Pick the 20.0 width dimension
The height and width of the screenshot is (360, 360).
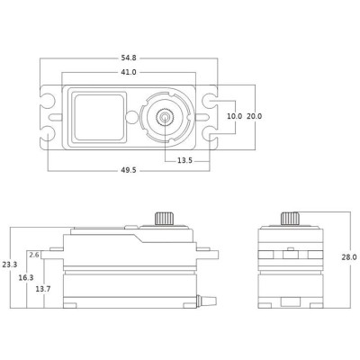click(x=255, y=116)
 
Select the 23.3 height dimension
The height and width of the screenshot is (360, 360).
click(x=9, y=265)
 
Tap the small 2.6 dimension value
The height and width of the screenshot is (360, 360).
click(x=34, y=255)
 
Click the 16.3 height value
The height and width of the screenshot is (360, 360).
click(x=27, y=278)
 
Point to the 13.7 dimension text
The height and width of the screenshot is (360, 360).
click(x=42, y=288)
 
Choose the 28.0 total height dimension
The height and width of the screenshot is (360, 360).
click(x=348, y=256)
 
